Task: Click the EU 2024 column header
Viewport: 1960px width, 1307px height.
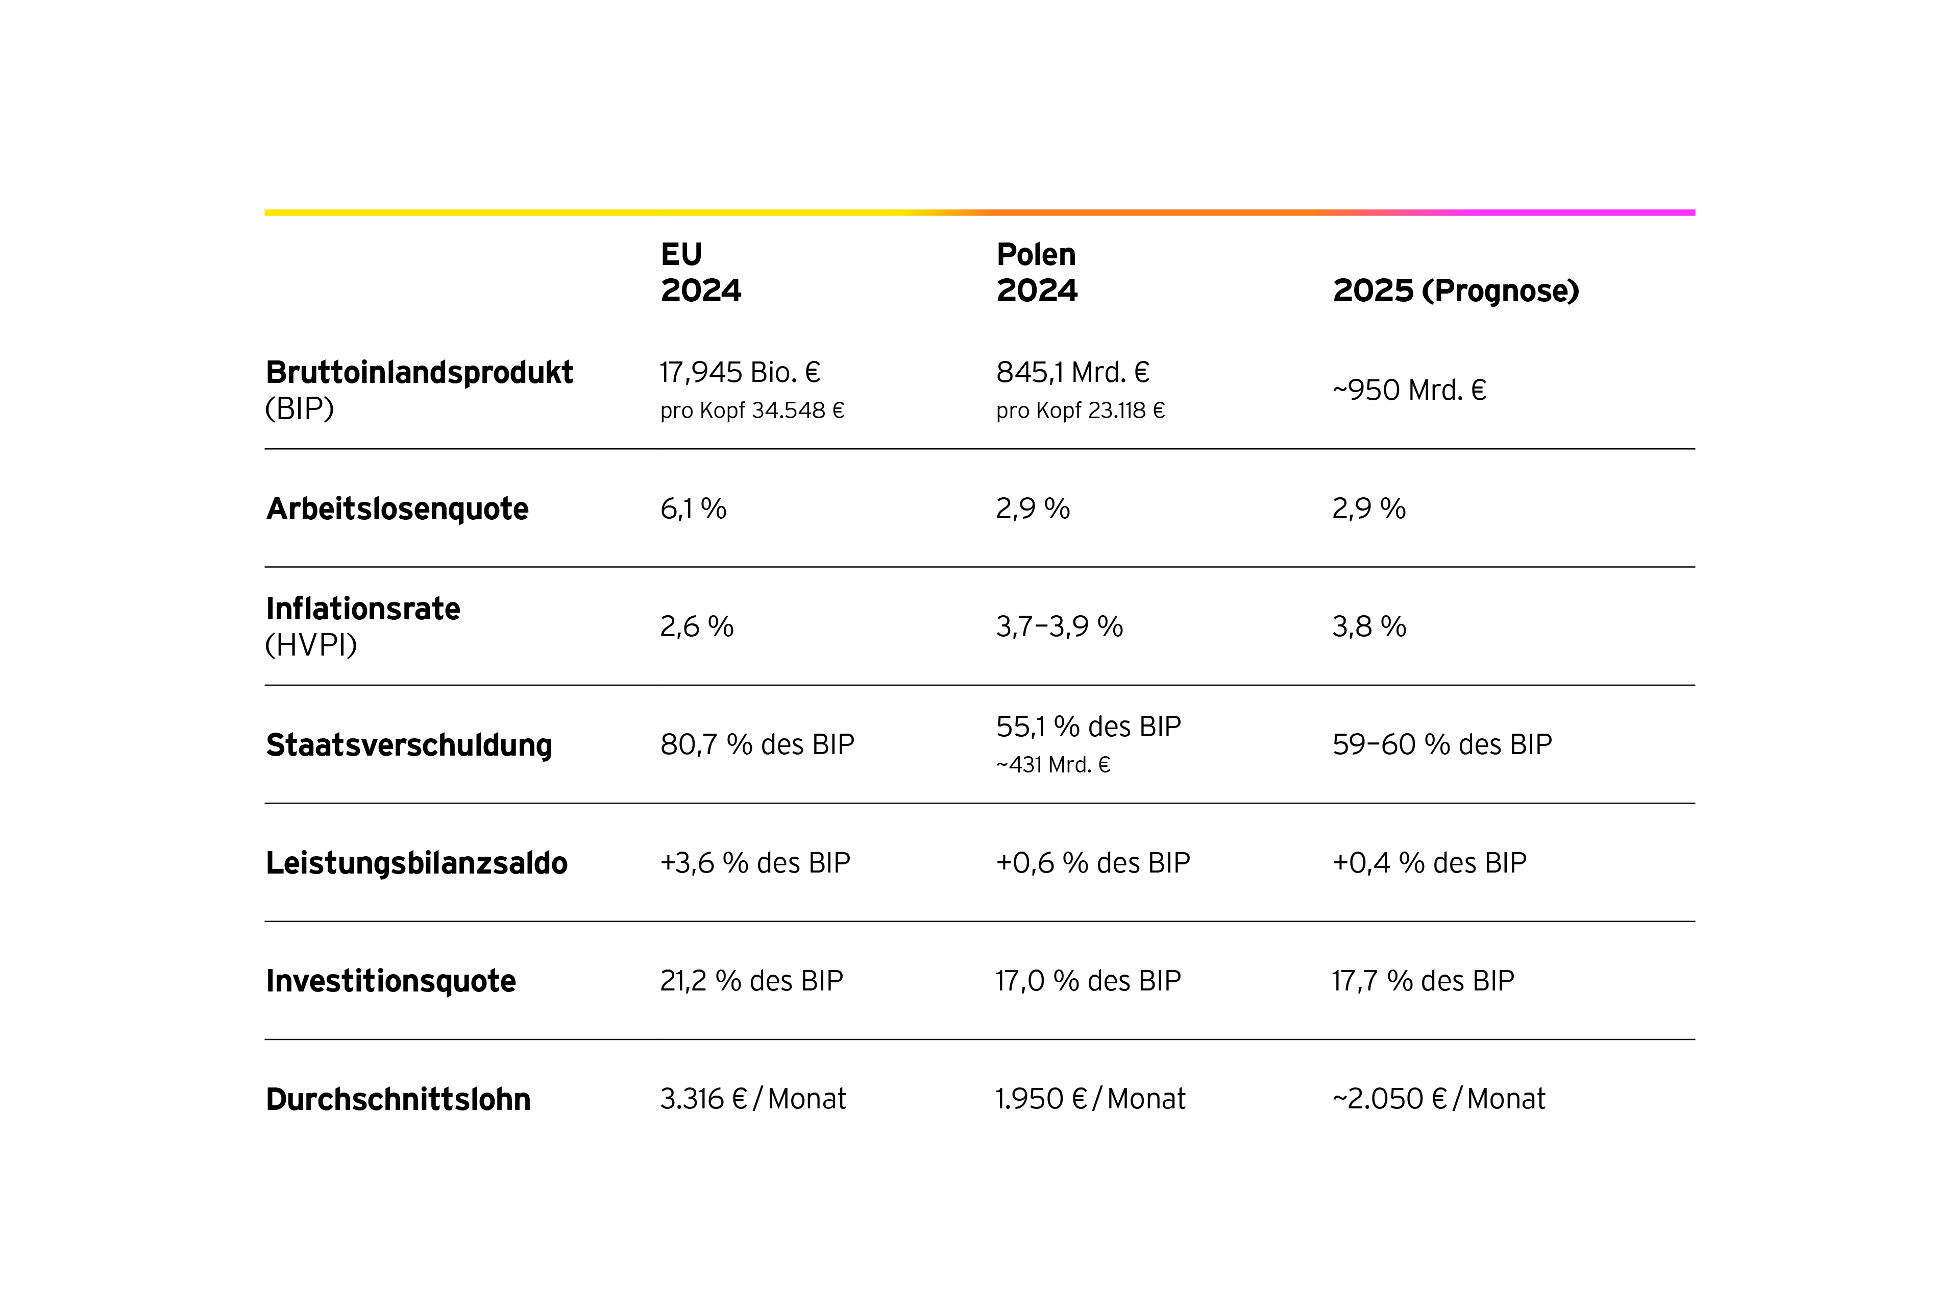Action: click(700, 272)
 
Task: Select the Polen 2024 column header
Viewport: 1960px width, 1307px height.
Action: click(1037, 272)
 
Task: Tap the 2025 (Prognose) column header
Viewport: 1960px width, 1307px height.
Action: click(1455, 290)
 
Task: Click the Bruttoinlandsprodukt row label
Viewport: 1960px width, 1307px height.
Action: click(419, 373)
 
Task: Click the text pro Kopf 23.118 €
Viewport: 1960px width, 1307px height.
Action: click(1080, 410)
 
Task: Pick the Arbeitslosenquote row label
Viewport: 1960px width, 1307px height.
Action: click(397, 509)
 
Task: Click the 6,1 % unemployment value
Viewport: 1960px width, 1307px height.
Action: click(693, 509)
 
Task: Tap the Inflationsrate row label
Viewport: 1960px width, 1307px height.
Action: click(362, 609)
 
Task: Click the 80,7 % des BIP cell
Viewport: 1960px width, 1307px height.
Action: click(756, 744)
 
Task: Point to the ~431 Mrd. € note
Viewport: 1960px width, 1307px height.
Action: click(1052, 764)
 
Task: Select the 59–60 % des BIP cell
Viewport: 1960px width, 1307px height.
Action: click(1441, 744)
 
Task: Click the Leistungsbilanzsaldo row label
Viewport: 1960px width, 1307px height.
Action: click(416, 863)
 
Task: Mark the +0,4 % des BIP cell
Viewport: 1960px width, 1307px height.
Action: click(1428, 863)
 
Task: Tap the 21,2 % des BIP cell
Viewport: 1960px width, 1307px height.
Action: click(751, 981)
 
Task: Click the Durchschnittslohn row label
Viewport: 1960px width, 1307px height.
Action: click(398, 1099)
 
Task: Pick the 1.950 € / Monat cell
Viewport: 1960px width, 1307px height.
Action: click(1089, 1099)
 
